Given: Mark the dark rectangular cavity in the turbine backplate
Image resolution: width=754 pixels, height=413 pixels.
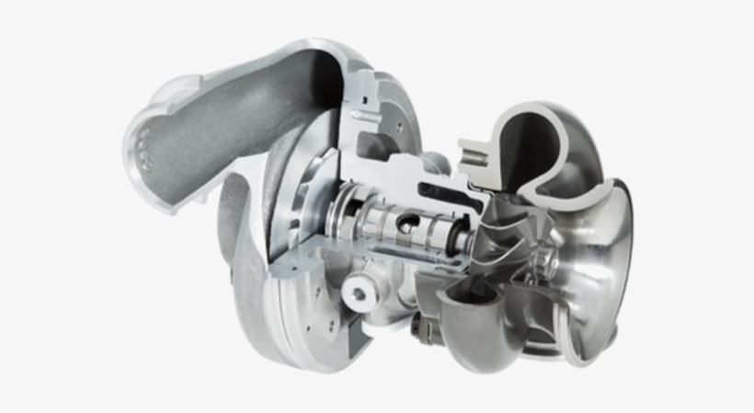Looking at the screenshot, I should pyautogui.click(x=372, y=147).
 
